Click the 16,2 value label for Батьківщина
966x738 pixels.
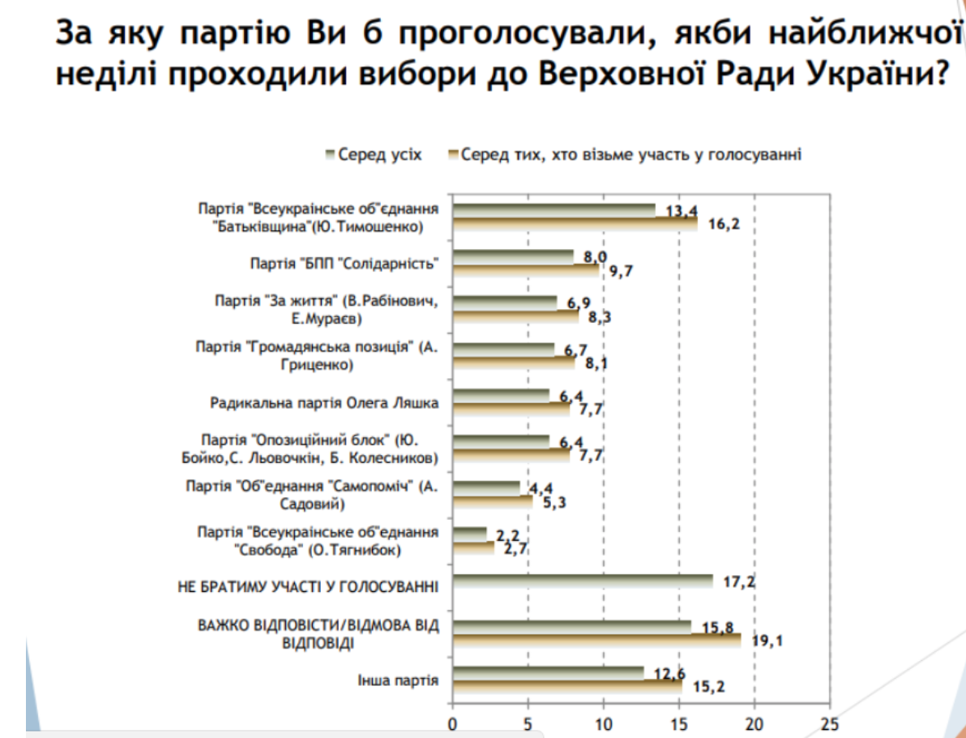click(725, 224)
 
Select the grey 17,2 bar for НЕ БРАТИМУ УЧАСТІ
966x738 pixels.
click(582, 581)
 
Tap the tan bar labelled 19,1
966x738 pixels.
click(596, 640)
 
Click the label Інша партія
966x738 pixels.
click(399, 681)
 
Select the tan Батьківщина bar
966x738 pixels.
click(575, 224)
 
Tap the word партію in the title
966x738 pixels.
click(236, 36)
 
